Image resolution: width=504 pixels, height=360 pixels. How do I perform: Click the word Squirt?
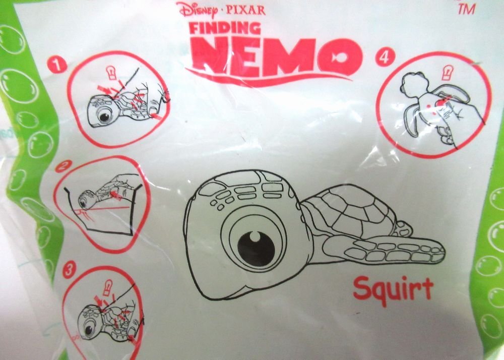click(x=393, y=289)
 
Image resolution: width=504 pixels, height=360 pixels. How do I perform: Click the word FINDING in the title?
click(x=225, y=28)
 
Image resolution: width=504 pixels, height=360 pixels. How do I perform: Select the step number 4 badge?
click(x=385, y=58)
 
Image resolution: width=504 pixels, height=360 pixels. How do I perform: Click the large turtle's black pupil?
click(x=256, y=248)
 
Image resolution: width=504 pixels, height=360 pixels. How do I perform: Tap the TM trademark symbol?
click(x=466, y=9)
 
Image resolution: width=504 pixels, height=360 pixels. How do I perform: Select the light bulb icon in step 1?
click(x=111, y=73)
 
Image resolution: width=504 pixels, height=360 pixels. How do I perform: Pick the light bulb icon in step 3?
click(x=108, y=287)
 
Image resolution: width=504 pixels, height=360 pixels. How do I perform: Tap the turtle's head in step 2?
click(x=85, y=199)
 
